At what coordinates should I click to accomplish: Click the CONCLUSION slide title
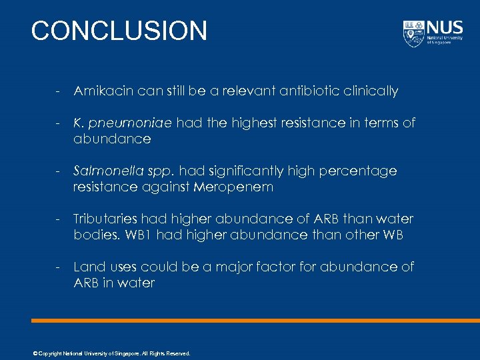tap(119, 31)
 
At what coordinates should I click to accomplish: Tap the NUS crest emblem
tap(413, 33)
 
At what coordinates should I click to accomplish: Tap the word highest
tap(255, 123)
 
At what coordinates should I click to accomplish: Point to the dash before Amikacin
tap(59, 91)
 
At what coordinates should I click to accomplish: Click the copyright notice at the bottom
tap(111, 353)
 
